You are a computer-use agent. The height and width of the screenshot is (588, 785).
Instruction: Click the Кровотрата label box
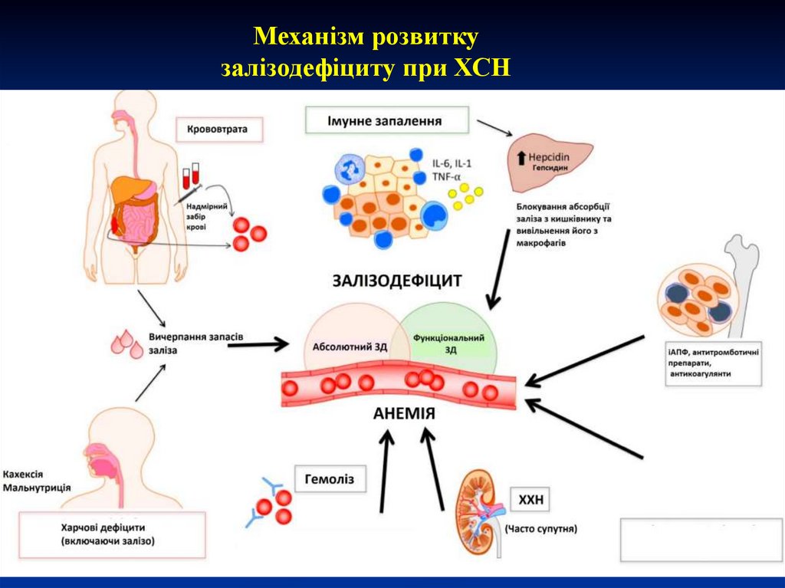point(218,129)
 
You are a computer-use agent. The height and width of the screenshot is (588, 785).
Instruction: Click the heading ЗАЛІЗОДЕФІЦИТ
point(397,280)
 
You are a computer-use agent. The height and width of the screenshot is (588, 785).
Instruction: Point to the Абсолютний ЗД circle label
point(350,346)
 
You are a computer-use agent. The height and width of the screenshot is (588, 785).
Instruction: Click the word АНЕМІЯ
point(404,413)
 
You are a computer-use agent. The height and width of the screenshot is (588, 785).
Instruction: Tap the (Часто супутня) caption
point(540,528)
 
